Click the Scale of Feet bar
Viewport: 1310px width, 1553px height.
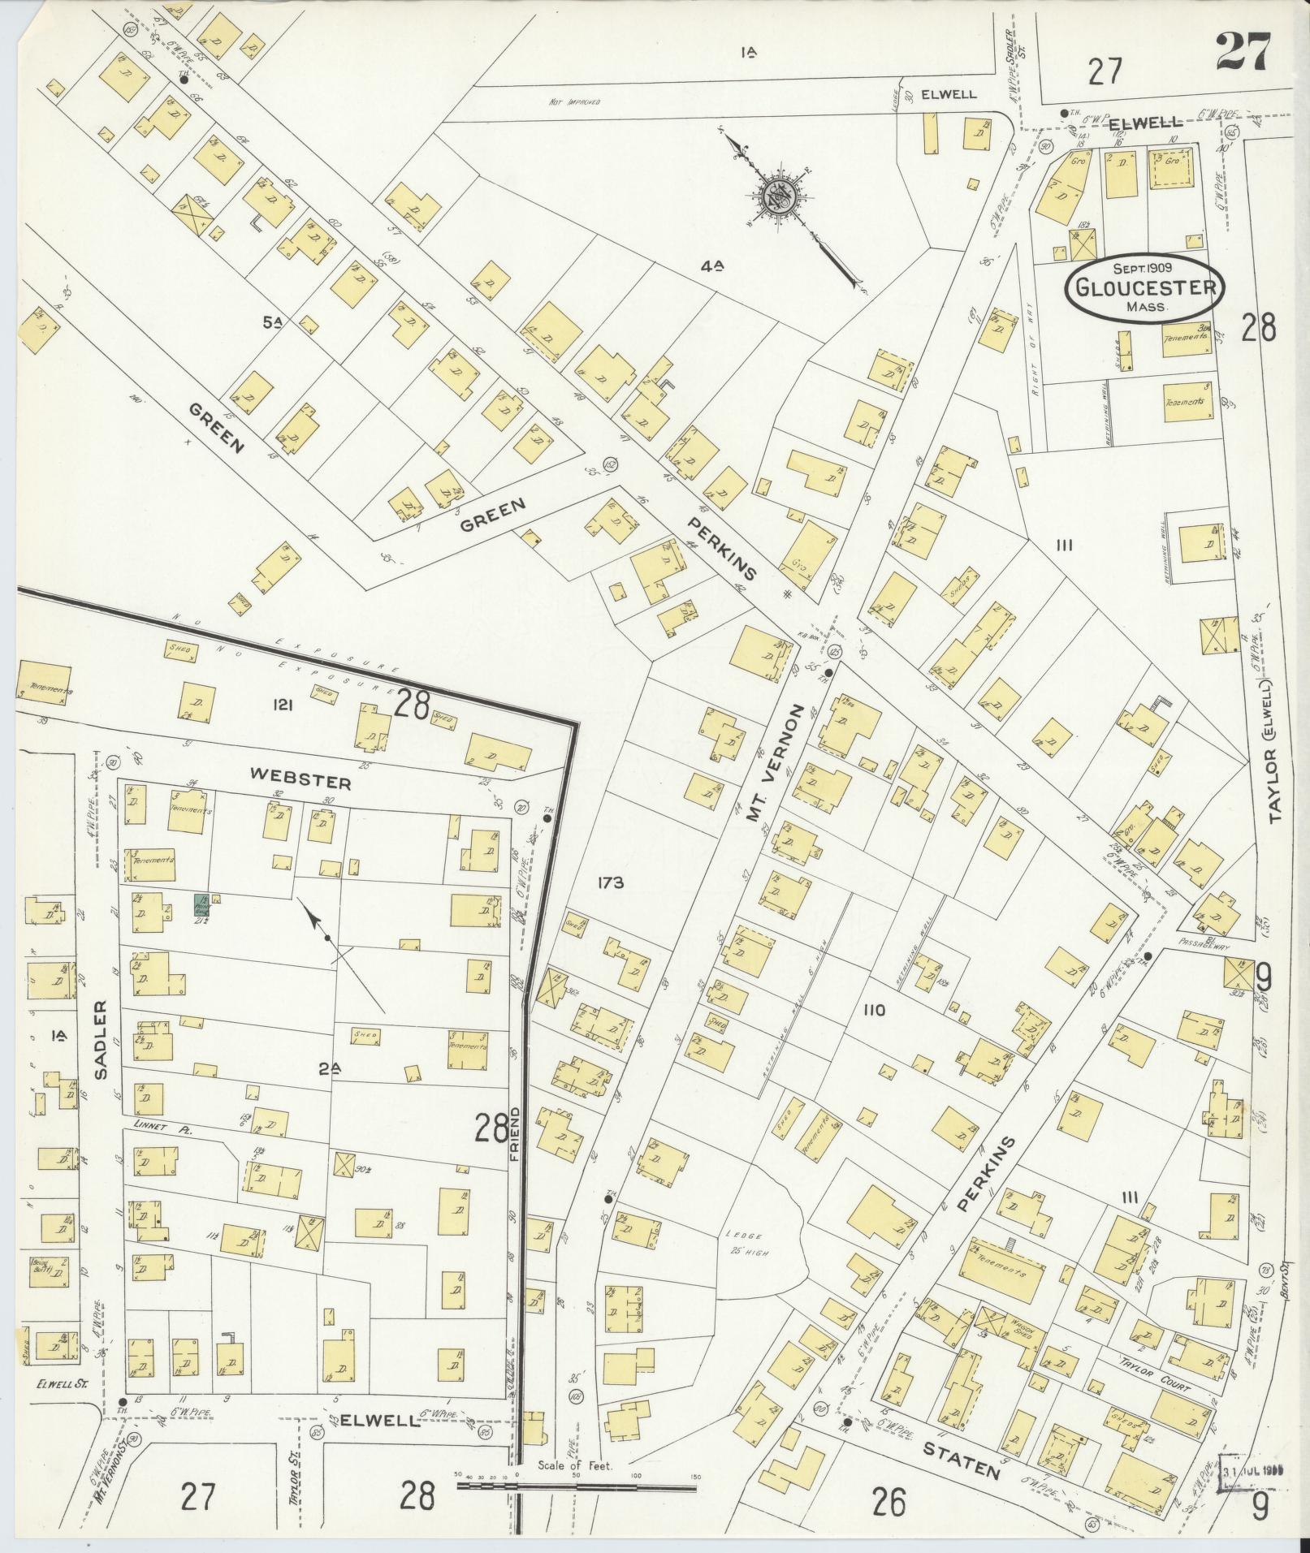[577, 1486]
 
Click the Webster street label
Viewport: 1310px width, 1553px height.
[300, 783]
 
